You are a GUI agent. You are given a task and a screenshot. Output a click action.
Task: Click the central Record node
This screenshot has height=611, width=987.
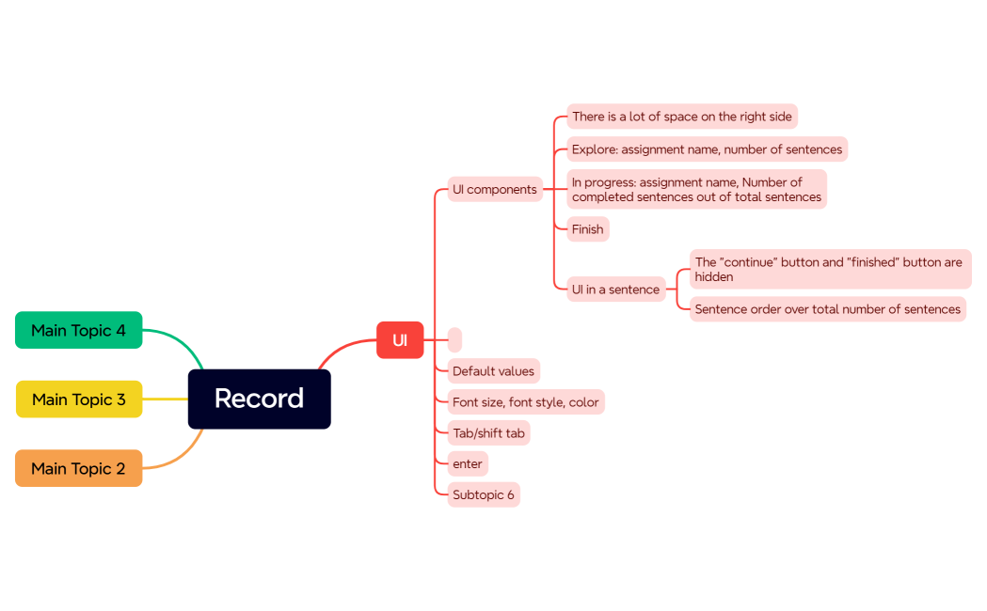(x=259, y=399)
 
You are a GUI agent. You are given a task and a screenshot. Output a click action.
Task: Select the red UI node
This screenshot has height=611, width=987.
(x=400, y=340)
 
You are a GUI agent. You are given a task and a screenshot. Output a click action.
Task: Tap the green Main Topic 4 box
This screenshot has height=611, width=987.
(x=78, y=330)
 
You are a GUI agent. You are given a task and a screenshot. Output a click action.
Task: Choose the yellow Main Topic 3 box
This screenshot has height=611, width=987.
(x=78, y=399)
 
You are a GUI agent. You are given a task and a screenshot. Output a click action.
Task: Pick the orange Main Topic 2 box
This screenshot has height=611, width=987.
(x=78, y=468)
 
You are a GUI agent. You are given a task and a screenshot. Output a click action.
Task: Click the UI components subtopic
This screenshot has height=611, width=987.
(x=494, y=189)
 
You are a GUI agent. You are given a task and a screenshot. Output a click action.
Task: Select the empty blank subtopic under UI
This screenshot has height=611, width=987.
(x=454, y=339)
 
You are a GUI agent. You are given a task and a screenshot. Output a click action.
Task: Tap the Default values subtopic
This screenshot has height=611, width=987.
(x=493, y=370)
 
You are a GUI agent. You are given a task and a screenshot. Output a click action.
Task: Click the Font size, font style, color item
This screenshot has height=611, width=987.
(x=525, y=402)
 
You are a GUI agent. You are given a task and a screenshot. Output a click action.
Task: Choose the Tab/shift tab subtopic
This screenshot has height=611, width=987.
(x=488, y=432)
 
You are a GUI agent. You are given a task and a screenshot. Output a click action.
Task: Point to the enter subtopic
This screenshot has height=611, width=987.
(x=467, y=463)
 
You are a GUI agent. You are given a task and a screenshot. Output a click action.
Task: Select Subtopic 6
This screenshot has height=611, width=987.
(x=483, y=494)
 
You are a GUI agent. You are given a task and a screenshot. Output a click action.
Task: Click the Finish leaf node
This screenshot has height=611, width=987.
(x=587, y=228)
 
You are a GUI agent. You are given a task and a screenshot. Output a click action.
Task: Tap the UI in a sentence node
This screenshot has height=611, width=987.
(x=615, y=290)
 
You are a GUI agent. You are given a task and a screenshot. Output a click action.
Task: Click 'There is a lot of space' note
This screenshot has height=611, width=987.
(x=681, y=117)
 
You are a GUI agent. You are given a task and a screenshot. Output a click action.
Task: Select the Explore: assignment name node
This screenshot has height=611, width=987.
(x=707, y=149)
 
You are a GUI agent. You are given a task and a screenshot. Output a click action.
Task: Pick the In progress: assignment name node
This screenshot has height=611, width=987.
(x=696, y=189)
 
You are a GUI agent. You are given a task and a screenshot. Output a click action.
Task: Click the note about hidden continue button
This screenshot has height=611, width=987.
(x=829, y=269)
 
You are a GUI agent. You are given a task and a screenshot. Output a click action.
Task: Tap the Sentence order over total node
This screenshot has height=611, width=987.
(x=827, y=309)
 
